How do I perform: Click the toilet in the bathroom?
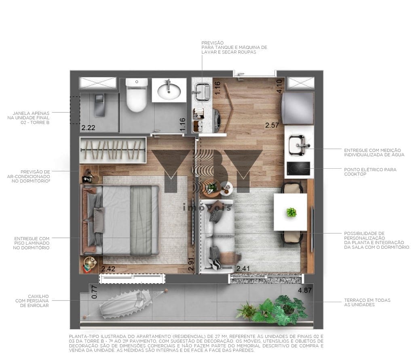coord(136,95)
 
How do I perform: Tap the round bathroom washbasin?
coord(169,91)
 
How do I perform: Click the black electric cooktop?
coord(298,169)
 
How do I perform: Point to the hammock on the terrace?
coord(126,303)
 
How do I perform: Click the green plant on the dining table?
coord(291,212)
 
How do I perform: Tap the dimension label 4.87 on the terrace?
coord(305,290)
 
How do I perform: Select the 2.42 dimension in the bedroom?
coord(108,269)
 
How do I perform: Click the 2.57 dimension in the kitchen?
coord(272,125)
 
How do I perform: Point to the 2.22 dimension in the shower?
coord(88,128)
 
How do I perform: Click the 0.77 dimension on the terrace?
coord(94,292)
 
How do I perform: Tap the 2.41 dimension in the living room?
coord(243,269)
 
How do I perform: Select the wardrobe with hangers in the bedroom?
coord(113,150)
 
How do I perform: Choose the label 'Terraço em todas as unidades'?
coord(367,303)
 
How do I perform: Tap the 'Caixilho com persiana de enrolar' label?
coord(32,301)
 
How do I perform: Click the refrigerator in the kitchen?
coord(298,108)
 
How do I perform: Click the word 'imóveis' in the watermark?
coord(207,208)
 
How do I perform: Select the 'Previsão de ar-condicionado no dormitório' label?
coord(29,176)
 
